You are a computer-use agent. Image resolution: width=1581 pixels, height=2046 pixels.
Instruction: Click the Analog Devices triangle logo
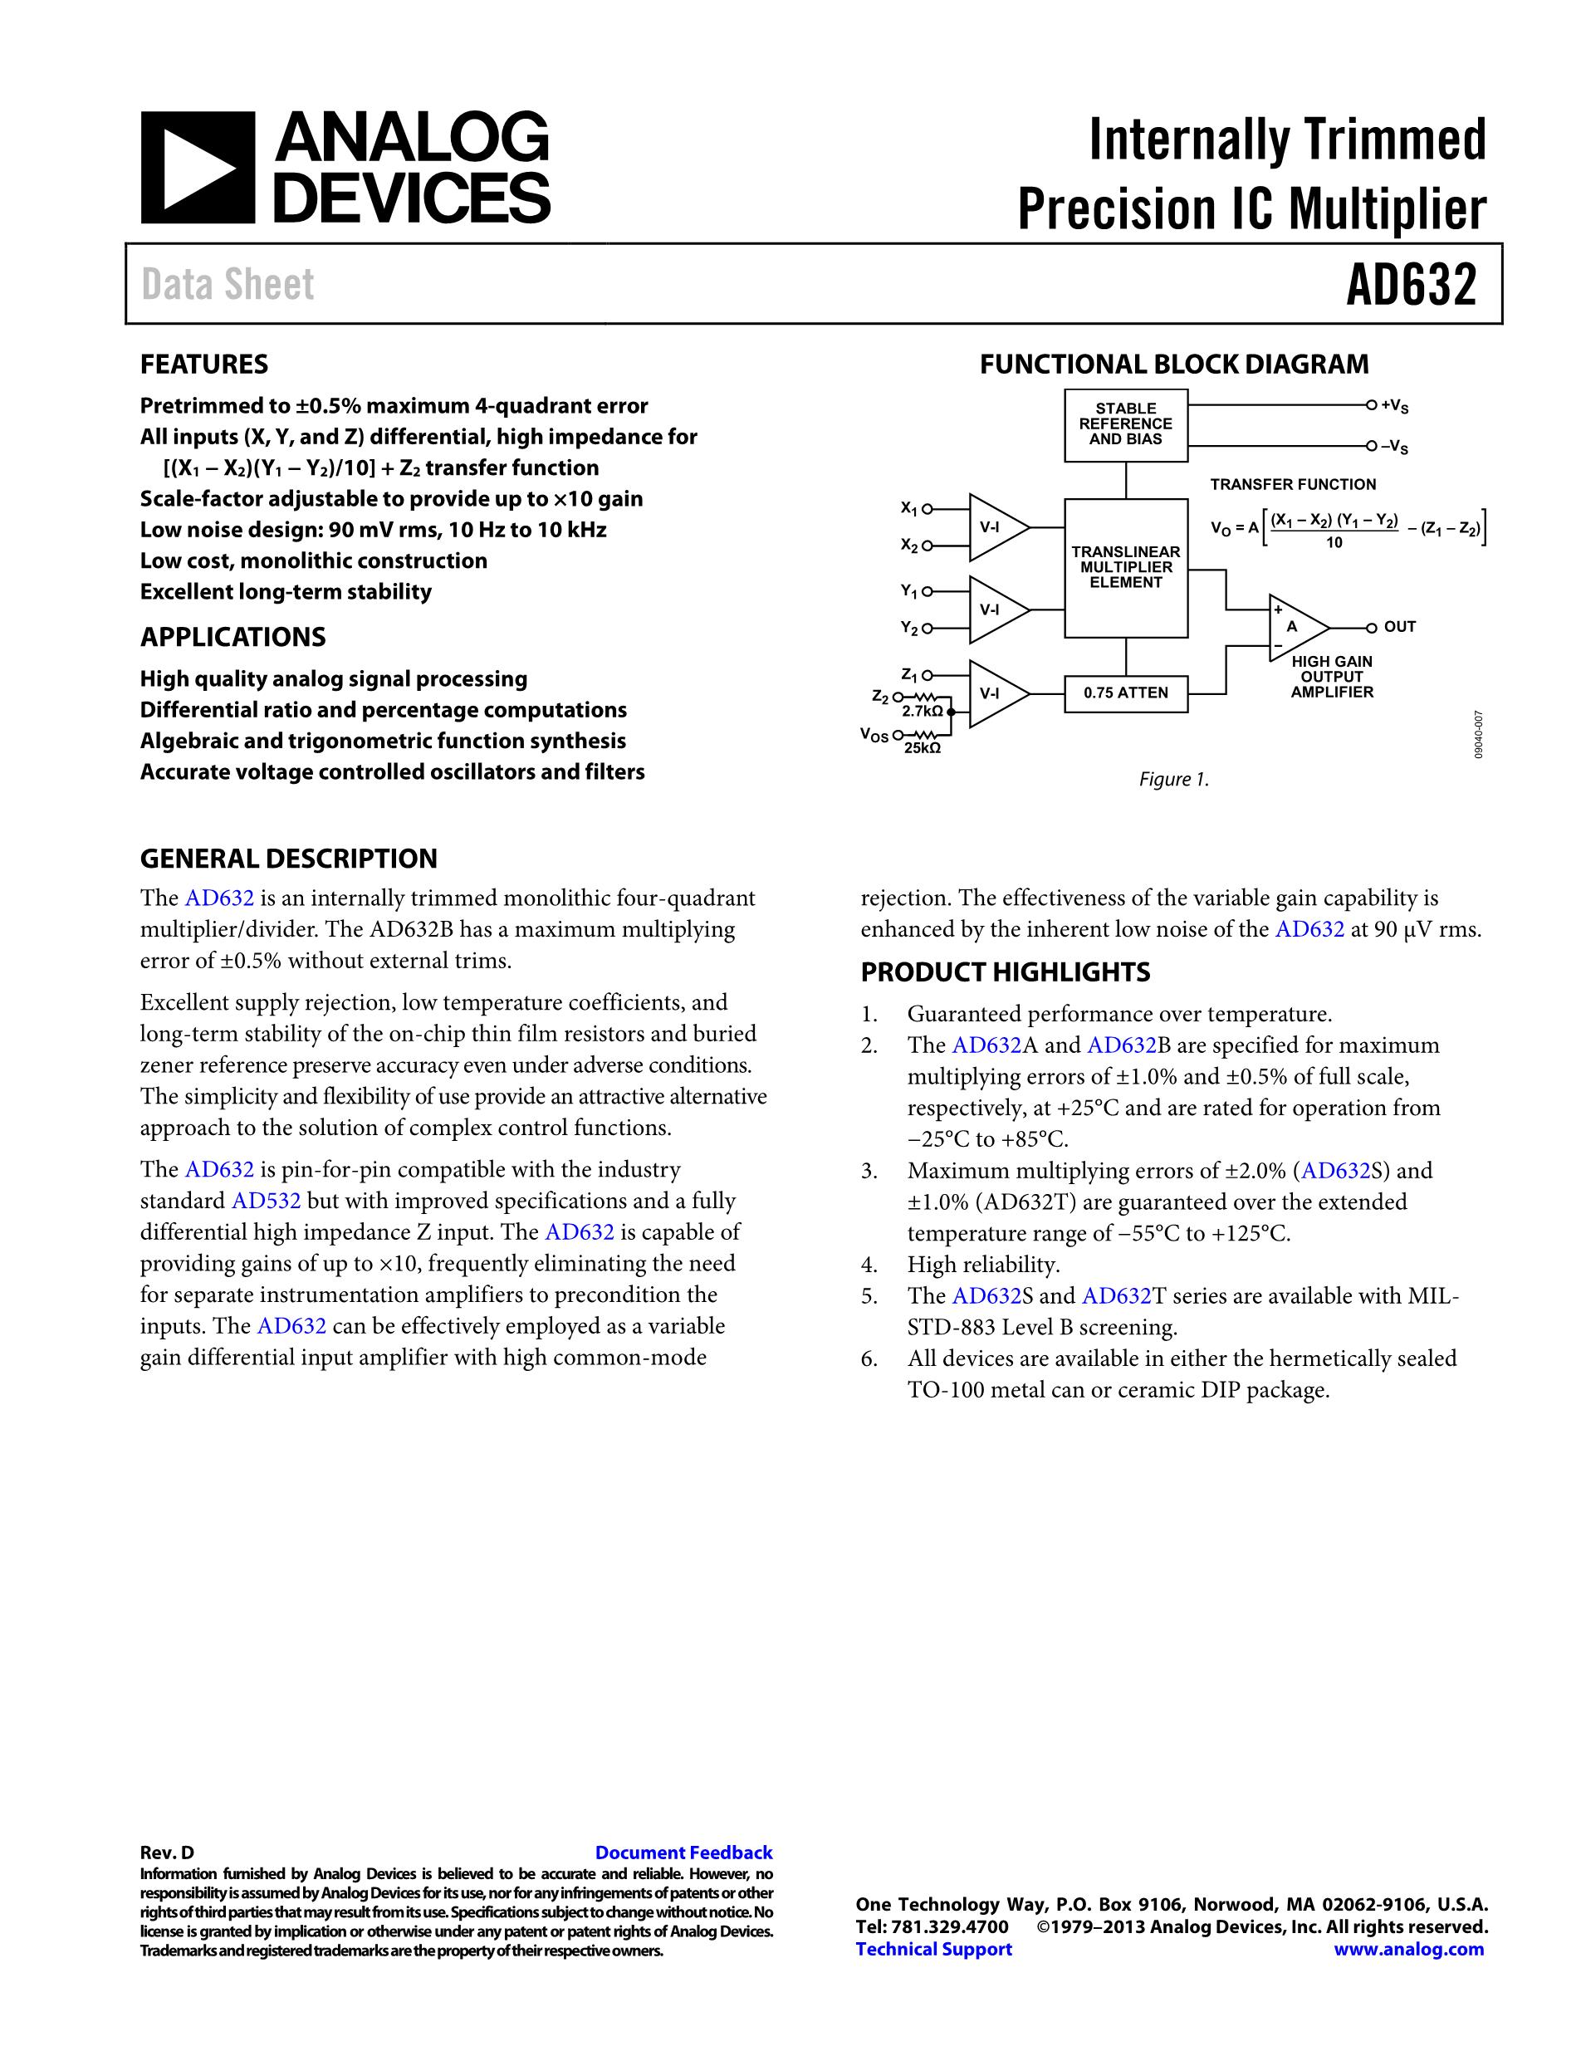198,168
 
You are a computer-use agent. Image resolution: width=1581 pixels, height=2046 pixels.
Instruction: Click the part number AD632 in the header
1411,285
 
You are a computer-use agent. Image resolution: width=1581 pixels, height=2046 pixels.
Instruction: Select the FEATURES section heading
204,365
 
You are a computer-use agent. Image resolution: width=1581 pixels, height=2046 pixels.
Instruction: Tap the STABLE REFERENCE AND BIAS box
1126,424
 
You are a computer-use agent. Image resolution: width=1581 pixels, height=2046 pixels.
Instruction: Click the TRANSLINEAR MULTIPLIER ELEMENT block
1126,568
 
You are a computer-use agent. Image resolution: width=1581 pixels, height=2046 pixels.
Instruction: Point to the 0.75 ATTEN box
1126,693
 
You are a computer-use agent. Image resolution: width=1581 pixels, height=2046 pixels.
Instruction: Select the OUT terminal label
1399,627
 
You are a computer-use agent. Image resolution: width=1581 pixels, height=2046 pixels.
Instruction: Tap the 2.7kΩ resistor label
923,712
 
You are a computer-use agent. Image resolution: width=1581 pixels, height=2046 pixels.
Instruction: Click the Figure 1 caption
1173,780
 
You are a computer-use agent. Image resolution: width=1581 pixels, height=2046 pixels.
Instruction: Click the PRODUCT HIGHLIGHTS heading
1005,972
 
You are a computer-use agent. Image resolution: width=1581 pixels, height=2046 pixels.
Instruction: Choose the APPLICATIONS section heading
233,637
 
